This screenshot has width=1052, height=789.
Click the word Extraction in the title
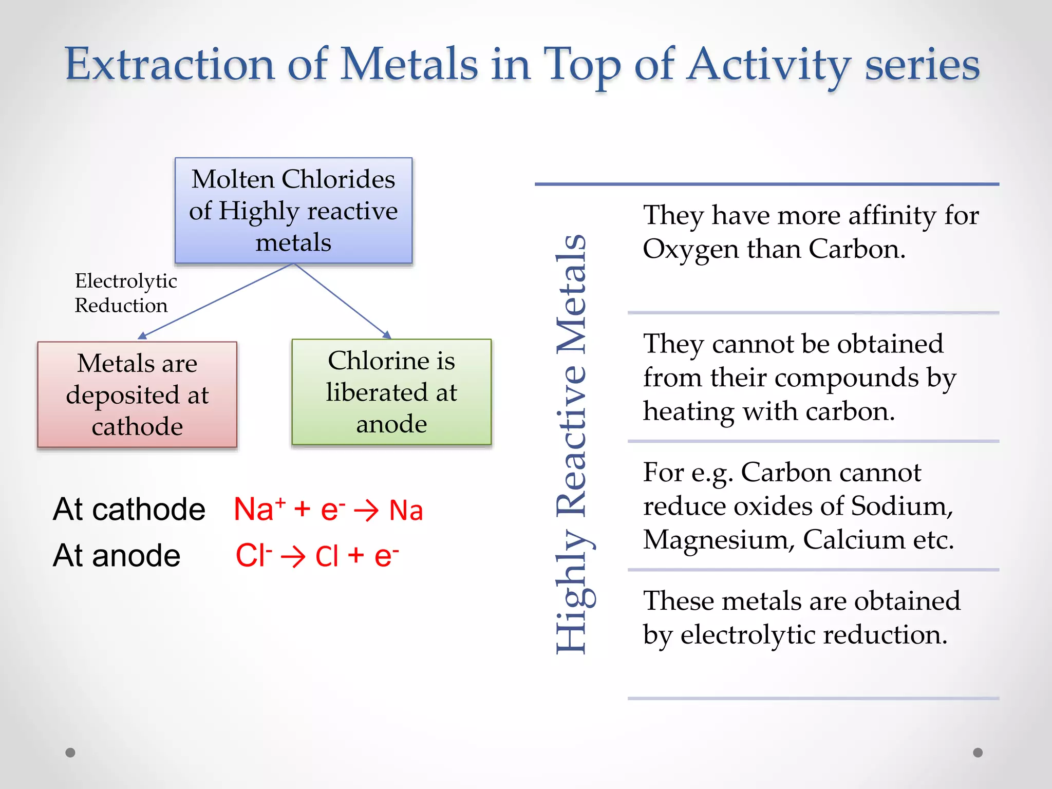point(170,64)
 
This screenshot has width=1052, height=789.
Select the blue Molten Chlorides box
point(293,211)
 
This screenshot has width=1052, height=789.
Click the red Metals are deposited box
point(137,394)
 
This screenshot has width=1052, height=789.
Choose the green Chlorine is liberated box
point(391,392)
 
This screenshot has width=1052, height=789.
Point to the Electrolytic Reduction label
point(125,293)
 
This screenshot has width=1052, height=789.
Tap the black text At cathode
point(129,509)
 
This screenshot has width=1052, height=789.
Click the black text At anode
point(117,555)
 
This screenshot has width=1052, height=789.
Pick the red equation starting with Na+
point(328,510)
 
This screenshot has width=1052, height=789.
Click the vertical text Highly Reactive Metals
point(572,444)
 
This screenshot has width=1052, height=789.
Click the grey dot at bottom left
point(70,753)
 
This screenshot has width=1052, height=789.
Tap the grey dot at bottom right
point(978,753)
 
